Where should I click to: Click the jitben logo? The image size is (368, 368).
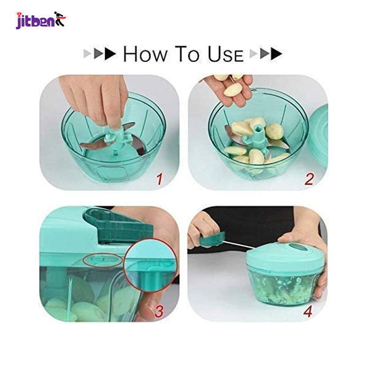(x=41, y=20)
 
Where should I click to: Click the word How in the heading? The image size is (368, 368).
(x=145, y=54)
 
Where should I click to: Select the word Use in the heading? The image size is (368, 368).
(x=225, y=54)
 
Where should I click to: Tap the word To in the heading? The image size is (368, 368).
(x=188, y=54)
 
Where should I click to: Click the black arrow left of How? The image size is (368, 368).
(x=110, y=54)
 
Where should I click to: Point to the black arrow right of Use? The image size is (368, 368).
(x=277, y=54)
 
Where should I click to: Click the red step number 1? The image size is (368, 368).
(x=159, y=179)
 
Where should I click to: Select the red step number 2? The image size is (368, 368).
(x=309, y=179)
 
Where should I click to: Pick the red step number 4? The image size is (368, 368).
(x=308, y=312)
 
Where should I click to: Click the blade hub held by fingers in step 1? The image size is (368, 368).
(x=115, y=136)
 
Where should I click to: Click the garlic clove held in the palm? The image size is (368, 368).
(x=232, y=90)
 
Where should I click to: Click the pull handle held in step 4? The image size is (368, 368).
(x=212, y=239)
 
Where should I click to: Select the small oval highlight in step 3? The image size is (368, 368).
(x=103, y=260)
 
